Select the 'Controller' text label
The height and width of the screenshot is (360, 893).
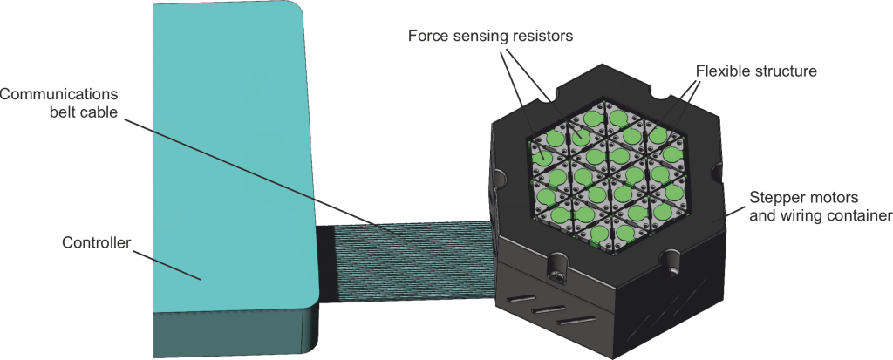[x=95, y=243]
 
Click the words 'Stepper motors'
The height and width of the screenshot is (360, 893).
[x=797, y=198]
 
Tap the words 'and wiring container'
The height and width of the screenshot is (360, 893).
[x=817, y=214]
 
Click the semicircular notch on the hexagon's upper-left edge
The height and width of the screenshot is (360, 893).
[x=547, y=90]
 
